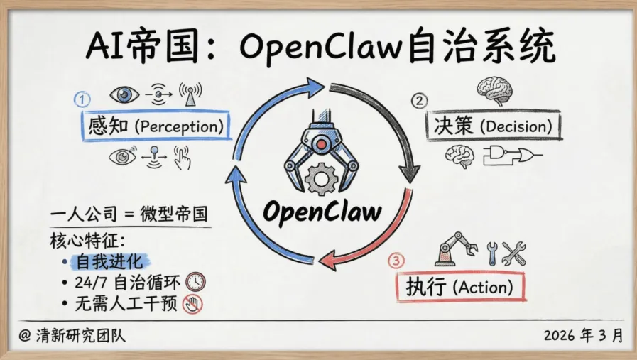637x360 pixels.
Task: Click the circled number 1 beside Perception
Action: [x=83, y=99]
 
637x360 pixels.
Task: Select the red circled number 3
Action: [x=396, y=261]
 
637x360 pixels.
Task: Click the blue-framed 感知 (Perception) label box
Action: [x=157, y=127]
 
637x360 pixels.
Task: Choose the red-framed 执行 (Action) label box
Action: [x=460, y=288]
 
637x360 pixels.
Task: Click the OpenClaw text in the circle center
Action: [x=322, y=210]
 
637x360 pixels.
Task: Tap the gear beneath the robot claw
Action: [x=321, y=178]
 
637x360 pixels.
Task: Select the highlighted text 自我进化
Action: [x=110, y=261]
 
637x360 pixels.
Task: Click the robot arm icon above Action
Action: [x=455, y=249]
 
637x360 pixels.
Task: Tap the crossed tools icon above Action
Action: [x=513, y=252]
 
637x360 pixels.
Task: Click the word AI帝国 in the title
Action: [x=141, y=47]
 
